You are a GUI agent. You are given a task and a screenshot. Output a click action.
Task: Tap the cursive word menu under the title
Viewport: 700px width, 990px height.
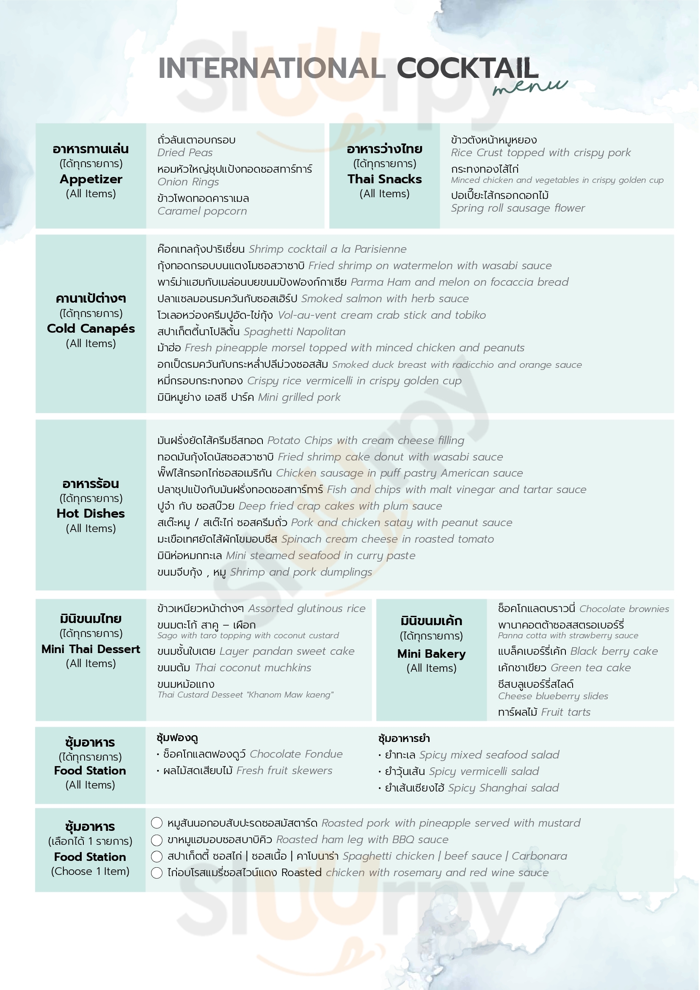530,86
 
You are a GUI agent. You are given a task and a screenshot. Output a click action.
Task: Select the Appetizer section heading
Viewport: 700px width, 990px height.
91,179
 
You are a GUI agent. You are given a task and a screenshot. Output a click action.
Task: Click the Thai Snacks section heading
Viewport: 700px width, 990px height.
384,179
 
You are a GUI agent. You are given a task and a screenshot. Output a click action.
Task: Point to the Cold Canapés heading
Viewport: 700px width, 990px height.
91,328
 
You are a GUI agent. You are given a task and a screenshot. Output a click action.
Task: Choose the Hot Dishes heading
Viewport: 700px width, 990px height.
91,513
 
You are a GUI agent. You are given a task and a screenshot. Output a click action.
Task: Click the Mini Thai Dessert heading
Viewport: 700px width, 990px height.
91,649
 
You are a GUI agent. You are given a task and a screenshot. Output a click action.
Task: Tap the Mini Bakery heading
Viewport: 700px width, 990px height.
431,654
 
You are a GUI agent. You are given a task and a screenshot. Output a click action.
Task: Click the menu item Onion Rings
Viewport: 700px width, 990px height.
188,182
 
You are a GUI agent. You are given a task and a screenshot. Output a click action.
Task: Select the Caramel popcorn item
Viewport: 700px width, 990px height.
202,211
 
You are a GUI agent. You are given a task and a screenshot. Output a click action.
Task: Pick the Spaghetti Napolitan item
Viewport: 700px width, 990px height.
295,331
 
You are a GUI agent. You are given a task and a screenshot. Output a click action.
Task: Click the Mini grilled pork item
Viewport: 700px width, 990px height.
299,397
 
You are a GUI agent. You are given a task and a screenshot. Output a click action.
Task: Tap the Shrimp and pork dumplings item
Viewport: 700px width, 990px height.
301,572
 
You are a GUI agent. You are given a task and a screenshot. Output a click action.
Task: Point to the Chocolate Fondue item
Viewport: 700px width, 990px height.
296,754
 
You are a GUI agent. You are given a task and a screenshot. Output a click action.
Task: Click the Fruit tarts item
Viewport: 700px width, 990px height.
565,712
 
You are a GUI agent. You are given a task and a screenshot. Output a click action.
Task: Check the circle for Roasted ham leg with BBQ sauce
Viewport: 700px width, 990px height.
157,840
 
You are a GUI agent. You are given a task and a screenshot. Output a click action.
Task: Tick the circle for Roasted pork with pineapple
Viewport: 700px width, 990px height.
157,823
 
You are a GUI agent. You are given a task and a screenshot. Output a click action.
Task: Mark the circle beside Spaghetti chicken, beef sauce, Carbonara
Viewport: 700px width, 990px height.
157,856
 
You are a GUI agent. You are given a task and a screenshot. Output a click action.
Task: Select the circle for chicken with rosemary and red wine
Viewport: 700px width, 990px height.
157,873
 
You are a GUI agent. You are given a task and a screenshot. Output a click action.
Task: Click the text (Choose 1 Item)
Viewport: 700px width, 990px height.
90,871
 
